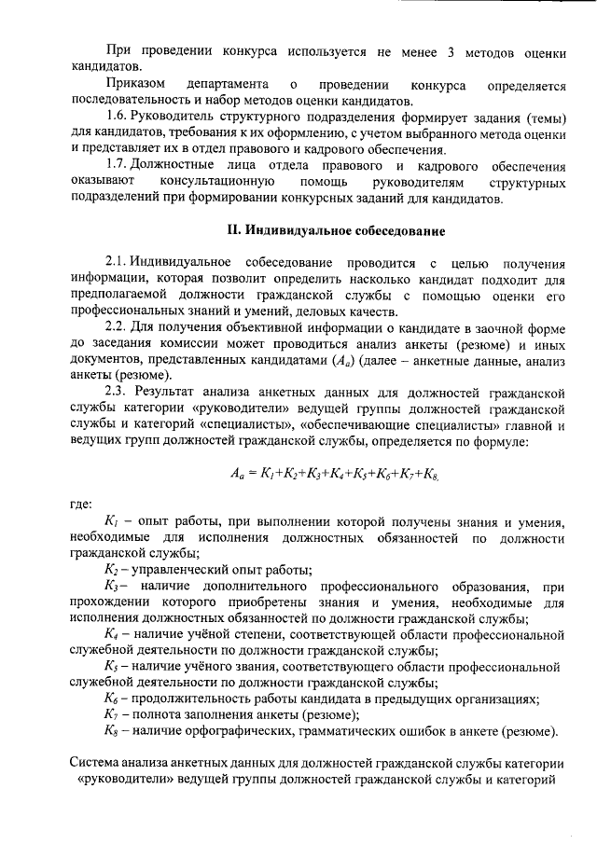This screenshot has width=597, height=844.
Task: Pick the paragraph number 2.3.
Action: pos(117,390)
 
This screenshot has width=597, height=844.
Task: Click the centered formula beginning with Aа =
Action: pos(333,474)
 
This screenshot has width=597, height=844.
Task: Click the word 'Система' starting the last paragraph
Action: pos(98,764)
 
